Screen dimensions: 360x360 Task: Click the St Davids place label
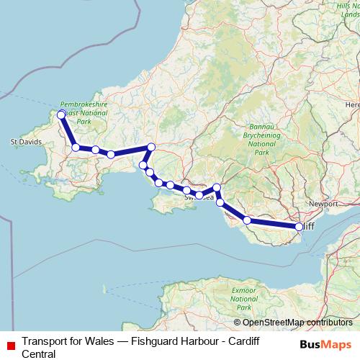(x=24, y=142)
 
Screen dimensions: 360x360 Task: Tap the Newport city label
(x=323, y=204)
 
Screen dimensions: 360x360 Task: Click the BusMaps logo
(x=325, y=344)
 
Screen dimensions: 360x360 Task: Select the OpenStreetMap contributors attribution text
(x=293, y=323)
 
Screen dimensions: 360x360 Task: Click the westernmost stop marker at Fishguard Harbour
(x=61, y=114)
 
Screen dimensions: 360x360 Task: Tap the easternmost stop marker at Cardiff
(x=300, y=227)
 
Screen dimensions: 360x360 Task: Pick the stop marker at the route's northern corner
(x=150, y=147)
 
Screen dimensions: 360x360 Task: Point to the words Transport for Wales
(x=68, y=340)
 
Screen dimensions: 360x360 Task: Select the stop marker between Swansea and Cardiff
(x=247, y=220)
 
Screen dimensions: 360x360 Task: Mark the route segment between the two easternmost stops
(x=274, y=224)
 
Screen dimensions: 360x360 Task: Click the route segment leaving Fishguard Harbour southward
(x=68, y=131)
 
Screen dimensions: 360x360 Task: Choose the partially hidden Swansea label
(x=198, y=197)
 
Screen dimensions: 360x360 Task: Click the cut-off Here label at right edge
(x=352, y=105)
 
